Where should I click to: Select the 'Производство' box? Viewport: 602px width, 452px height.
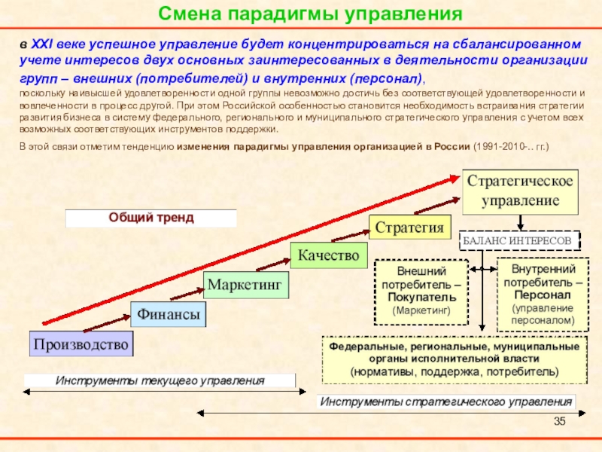click(x=81, y=344)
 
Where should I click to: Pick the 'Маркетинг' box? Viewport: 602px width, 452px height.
click(x=246, y=285)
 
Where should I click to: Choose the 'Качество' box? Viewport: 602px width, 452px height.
click(x=327, y=255)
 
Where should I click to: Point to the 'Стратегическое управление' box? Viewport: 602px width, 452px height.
click(x=521, y=191)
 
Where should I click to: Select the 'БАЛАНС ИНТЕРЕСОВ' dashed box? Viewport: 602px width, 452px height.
click(x=521, y=240)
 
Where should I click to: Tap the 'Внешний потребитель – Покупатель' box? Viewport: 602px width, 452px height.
click(x=421, y=290)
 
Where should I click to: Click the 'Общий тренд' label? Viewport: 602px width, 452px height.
click(x=151, y=218)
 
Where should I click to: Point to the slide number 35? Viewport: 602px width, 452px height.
click(x=558, y=420)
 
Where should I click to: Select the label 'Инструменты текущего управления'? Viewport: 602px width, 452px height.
click(x=160, y=380)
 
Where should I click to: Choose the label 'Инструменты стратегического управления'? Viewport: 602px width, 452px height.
click(x=447, y=401)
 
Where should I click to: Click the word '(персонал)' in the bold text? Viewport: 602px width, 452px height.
click(x=386, y=78)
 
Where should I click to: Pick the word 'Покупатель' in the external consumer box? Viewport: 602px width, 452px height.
click(x=421, y=298)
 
